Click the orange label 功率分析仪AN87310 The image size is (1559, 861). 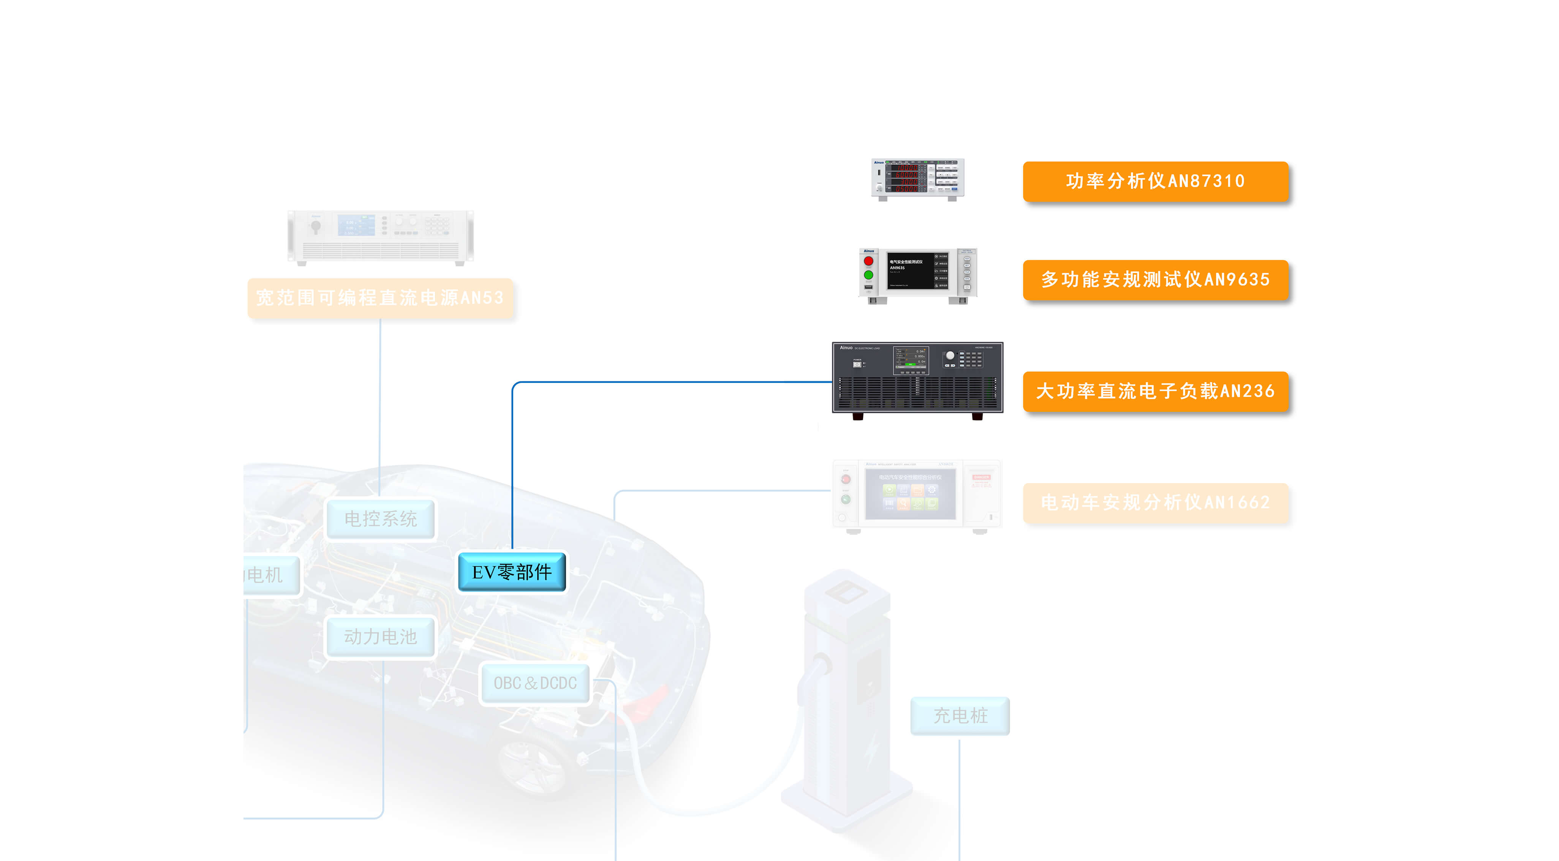[1155, 181]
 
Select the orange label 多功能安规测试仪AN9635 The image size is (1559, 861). [1155, 280]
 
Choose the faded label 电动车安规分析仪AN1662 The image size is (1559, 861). [1155, 502]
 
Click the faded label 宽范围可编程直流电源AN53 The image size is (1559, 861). [380, 298]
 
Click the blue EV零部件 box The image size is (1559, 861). [511, 572]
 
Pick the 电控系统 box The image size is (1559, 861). [380, 518]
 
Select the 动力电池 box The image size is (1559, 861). [380, 637]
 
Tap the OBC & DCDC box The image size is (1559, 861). [534, 683]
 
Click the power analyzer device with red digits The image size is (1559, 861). [917, 179]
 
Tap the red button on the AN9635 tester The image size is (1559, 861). [868, 261]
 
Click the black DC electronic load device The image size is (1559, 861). [917, 378]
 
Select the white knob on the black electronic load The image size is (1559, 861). [950, 356]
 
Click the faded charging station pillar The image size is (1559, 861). [847, 696]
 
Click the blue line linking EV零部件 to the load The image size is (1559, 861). [666, 382]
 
